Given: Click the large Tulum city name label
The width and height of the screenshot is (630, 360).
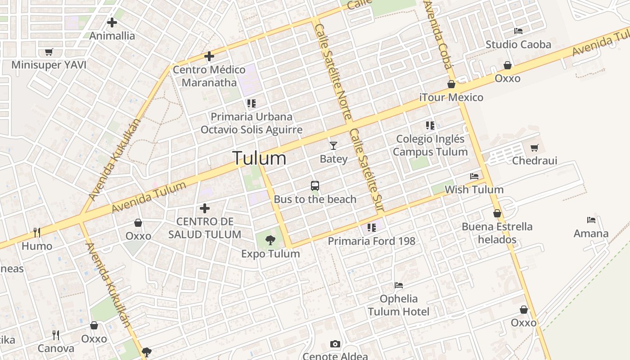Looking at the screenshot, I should tap(259, 158).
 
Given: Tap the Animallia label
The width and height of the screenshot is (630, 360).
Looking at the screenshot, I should tap(112, 36).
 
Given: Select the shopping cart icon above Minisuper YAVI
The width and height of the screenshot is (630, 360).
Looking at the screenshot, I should tap(49, 52).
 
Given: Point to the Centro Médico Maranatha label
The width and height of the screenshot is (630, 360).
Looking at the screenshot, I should tap(209, 76).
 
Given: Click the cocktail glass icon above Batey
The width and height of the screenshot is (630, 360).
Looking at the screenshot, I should tap(333, 145).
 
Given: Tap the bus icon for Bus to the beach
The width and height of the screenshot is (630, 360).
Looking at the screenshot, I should tap(315, 185).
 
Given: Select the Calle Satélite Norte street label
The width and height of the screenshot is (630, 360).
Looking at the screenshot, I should tap(333, 72).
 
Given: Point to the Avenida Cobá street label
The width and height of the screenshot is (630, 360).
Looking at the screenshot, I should tap(437, 34).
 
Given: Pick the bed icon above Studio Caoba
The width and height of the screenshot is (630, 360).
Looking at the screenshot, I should tap(518, 31).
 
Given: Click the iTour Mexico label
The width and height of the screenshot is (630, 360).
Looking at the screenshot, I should tap(451, 97).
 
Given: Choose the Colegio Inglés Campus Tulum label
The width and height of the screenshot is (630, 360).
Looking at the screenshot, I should tap(430, 145).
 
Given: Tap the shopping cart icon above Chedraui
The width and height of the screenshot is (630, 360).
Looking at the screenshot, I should tap(535, 148).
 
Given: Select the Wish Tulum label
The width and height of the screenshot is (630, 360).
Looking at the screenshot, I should tap(474, 189).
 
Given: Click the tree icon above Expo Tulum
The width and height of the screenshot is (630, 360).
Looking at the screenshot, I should tap(270, 240).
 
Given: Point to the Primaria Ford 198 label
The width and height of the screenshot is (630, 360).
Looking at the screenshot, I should tap(371, 241).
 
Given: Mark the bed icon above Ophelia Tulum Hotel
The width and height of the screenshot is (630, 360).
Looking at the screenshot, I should tap(398, 285).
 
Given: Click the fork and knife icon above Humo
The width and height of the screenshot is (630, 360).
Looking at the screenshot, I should tap(37, 232).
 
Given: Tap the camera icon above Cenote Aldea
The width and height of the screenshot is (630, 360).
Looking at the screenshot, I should tap(335, 344).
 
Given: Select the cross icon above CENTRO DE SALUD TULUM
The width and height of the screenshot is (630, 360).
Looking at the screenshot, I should tap(205, 208).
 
